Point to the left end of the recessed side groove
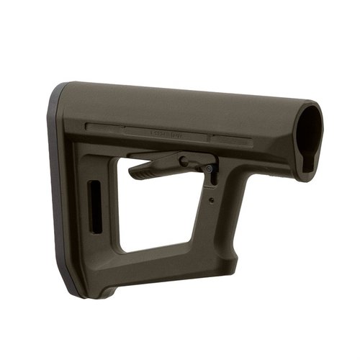click(90, 128)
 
